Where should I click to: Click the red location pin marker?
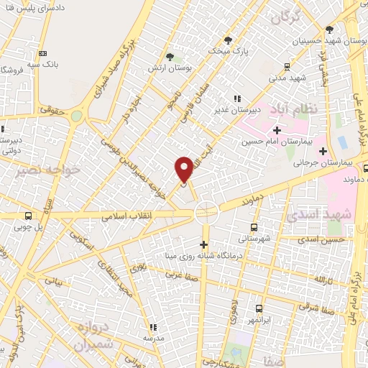(184, 170)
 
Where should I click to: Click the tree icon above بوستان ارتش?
(170, 56)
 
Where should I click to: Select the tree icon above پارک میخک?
(228, 40)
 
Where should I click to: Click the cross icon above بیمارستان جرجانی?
(323, 151)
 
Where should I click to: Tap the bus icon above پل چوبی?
(28, 216)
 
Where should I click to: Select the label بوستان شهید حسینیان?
(331, 42)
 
